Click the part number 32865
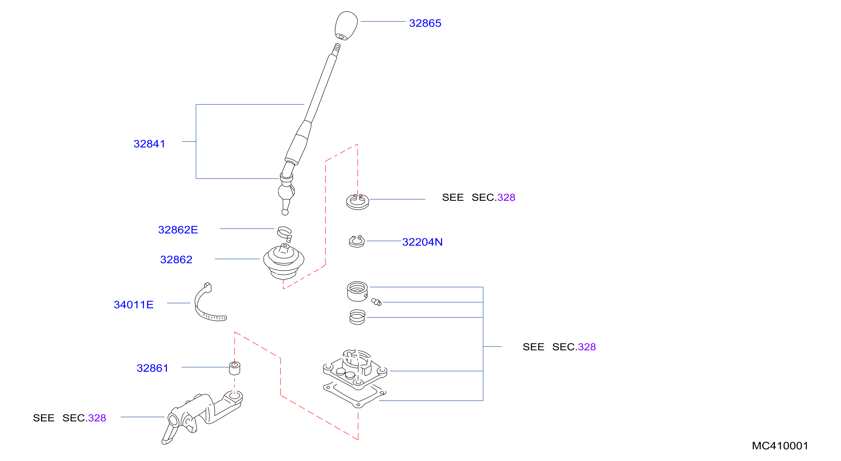point(425,23)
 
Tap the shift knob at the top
point(346,26)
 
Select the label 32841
point(149,144)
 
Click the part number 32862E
point(178,230)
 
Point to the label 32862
point(176,260)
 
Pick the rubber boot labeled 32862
point(284,262)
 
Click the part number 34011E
point(134,305)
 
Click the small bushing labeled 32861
point(235,368)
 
